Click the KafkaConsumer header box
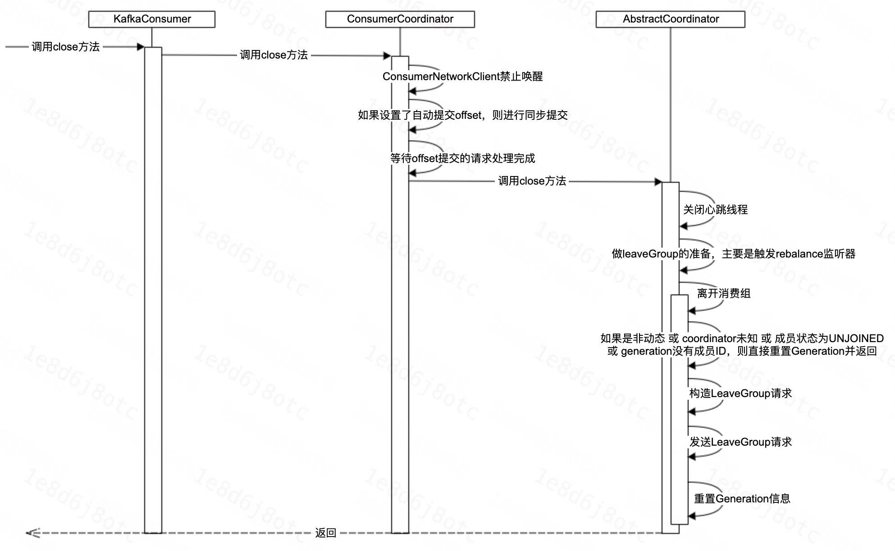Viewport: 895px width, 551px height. point(152,19)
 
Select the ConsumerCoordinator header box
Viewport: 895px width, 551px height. point(400,19)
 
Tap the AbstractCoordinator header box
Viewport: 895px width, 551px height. point(670,19)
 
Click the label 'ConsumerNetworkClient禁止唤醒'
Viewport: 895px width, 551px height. point(462,77)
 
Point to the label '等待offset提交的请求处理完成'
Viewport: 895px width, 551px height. point(462,158)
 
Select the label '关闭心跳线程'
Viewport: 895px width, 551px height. point(715,210)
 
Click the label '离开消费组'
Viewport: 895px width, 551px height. point(724,294)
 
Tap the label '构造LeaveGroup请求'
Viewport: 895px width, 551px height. point(740,393)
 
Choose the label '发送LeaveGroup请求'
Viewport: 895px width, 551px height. point(740,442)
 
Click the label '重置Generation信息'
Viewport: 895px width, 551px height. point(742,499)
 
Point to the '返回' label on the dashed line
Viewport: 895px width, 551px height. point(326,533)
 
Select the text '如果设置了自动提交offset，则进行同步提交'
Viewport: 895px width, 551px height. point(462,115)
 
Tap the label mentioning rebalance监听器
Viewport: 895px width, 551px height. point(733,254)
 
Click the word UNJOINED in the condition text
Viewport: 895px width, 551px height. point(856,339)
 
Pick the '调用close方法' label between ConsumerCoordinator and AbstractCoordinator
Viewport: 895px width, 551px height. point(532,181)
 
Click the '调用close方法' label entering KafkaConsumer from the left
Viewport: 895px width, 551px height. point(66,47)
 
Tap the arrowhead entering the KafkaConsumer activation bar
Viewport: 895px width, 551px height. point(141,47)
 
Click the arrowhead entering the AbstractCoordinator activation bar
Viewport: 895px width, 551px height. point(658,182)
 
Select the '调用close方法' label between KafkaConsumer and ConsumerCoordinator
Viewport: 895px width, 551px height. point(274,55)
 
